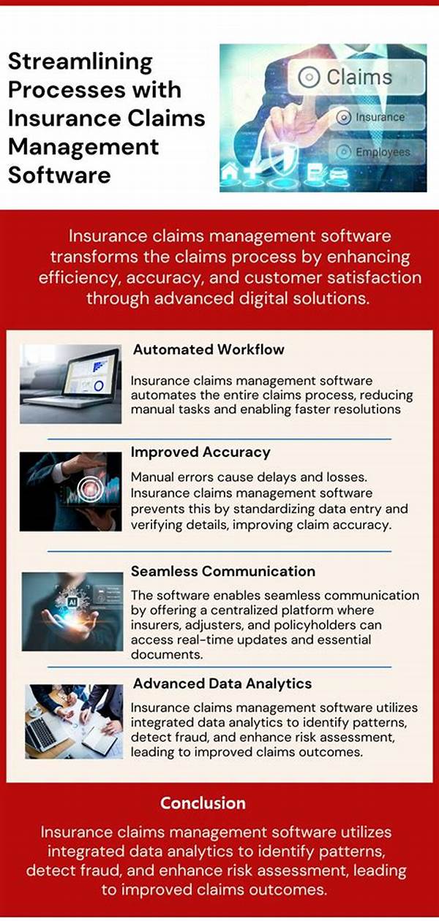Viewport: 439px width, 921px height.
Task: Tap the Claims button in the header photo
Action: tap(356, 77)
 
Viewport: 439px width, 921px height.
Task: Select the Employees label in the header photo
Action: tap(383, 152)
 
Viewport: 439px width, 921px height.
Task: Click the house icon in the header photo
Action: tap(230, 171)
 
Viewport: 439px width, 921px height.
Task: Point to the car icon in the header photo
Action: tap(338, 173)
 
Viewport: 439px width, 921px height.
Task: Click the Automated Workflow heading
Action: tap(209, 349)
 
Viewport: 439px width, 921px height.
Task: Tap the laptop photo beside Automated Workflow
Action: tap(71, 384)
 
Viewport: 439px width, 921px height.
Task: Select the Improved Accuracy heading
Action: tap(200, 452)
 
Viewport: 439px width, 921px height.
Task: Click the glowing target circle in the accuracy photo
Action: tap(91, 488)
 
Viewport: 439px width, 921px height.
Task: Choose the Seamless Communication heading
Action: tap(223, 571)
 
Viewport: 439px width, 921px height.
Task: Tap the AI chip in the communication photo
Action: tap(72, 602)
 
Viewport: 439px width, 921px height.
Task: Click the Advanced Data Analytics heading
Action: tap(222, 683)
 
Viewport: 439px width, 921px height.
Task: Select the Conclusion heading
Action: tap(203, 803)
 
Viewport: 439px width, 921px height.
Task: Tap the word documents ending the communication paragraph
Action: tap(167, 654)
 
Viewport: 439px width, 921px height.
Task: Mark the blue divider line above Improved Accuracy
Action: tap(219, 439)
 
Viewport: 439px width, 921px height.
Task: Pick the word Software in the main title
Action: tap(59, 175)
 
